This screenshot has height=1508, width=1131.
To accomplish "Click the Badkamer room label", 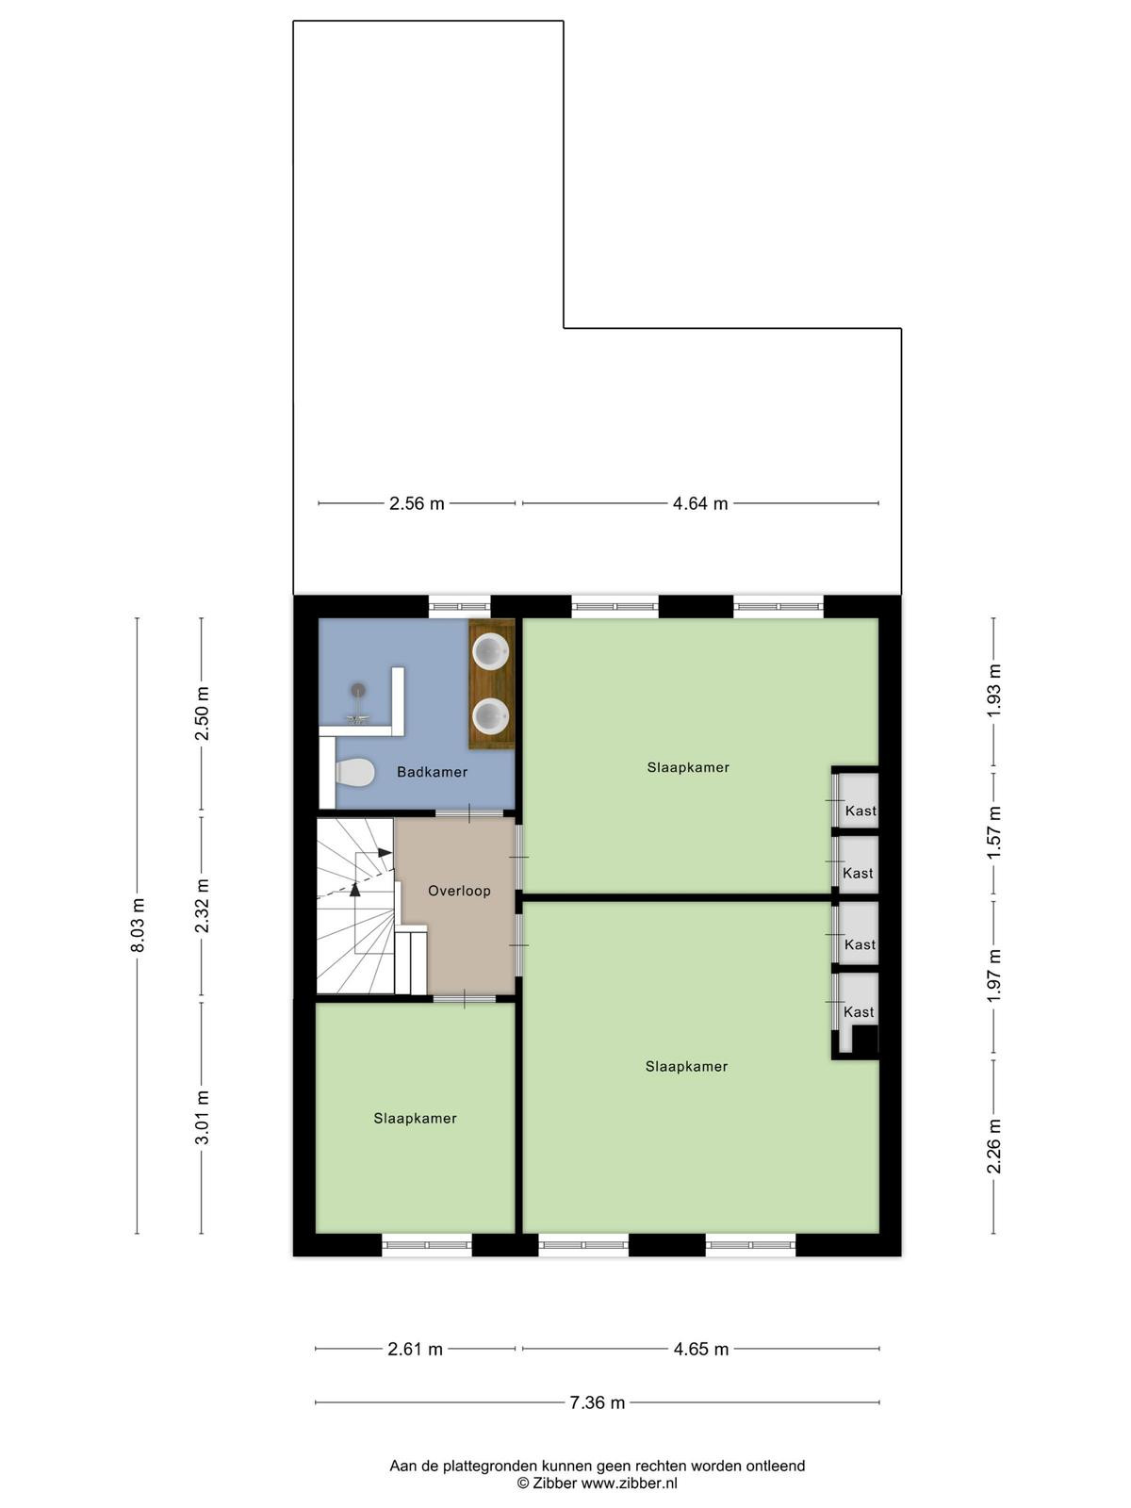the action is [x=432, y=772].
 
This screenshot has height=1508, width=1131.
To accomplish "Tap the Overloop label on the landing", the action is [x=459, y=891].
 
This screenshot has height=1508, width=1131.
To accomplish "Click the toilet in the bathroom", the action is [x=354, y=773].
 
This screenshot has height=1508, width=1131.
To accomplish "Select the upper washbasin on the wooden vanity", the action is [x=492, y=650].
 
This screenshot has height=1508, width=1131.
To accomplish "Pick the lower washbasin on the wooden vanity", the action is [x=492, y=715].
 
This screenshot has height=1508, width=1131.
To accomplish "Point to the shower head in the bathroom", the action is [x=358, y=689].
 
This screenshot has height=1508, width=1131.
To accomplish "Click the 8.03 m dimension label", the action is [x=138, y=926].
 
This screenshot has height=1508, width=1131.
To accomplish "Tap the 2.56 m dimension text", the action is [x=417, y=503].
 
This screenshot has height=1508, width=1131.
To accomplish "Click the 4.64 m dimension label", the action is [x=699, y=503].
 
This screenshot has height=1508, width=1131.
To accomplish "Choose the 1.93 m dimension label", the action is [x=994, y=691].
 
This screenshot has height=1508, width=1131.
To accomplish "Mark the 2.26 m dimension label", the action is [x=994, y=1147].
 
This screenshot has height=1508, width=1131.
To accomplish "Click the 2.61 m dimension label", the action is [x=416, y=1349].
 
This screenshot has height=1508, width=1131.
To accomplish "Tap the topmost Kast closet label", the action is [x=861, y=811].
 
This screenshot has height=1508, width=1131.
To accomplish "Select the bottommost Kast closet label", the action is [x=859, y=1012].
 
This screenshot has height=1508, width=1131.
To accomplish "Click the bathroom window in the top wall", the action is [x=459, y=607].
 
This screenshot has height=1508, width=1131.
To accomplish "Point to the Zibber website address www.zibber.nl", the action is [x=629, y=1483].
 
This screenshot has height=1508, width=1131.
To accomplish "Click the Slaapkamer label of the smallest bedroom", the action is [x=416, y=1119].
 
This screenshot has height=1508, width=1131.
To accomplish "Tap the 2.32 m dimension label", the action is [x=203, y=906].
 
